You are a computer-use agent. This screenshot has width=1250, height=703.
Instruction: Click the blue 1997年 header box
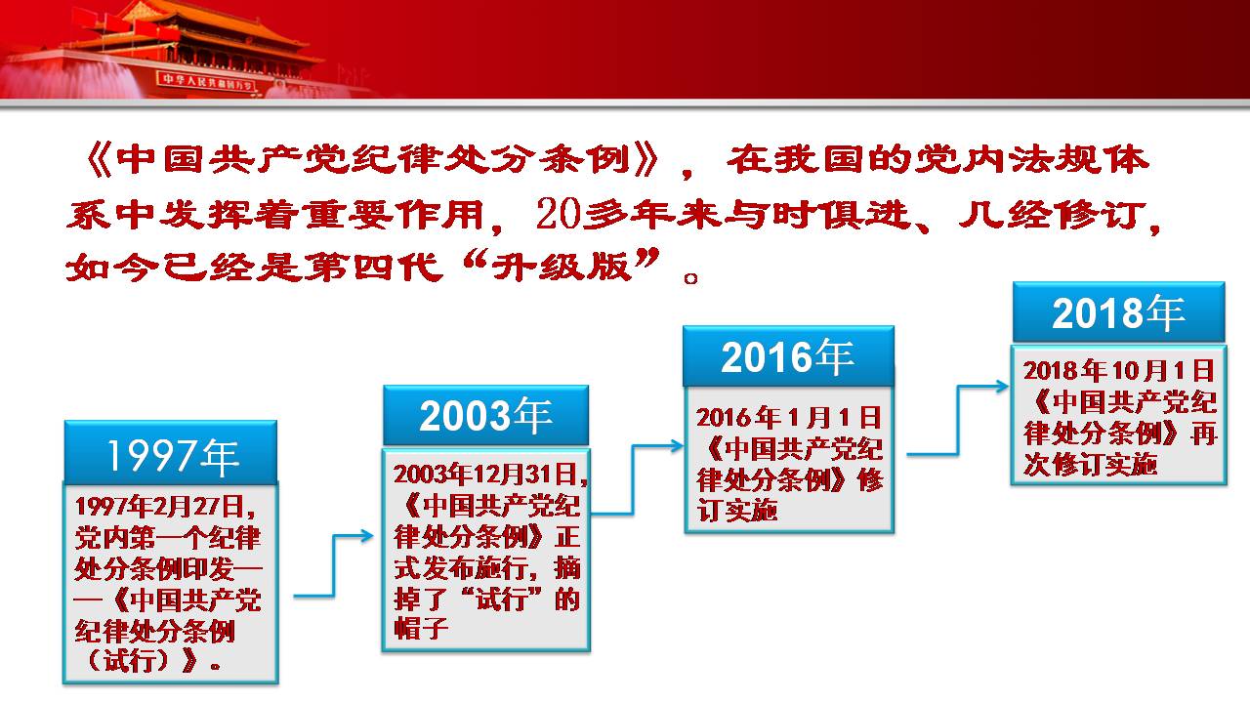click(171, 452)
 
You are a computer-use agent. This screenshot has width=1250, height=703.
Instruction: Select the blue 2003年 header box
click(485, 415)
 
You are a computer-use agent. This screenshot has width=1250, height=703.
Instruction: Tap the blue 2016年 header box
click(788, 356)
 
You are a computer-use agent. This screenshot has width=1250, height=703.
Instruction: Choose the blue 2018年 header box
click(1118, 311)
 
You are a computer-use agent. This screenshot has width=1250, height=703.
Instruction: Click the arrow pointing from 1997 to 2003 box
click(334, 564)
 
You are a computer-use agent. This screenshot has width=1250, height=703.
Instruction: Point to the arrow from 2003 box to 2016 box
click(633, 479)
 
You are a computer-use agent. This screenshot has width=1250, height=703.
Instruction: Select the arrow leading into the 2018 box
click(958, 420)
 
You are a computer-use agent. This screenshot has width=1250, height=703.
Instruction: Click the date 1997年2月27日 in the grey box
click(160, 507)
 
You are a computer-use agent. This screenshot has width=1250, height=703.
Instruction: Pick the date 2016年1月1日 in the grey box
click(788, 417)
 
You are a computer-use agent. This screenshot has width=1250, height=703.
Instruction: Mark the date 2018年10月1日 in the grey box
click(1118, 370)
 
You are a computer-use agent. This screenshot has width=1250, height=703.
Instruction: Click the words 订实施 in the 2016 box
click(736, 510)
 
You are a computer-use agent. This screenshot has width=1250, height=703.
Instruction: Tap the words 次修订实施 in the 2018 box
click(1090, 464)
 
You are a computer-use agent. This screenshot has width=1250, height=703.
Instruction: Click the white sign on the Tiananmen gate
click(205, 81)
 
